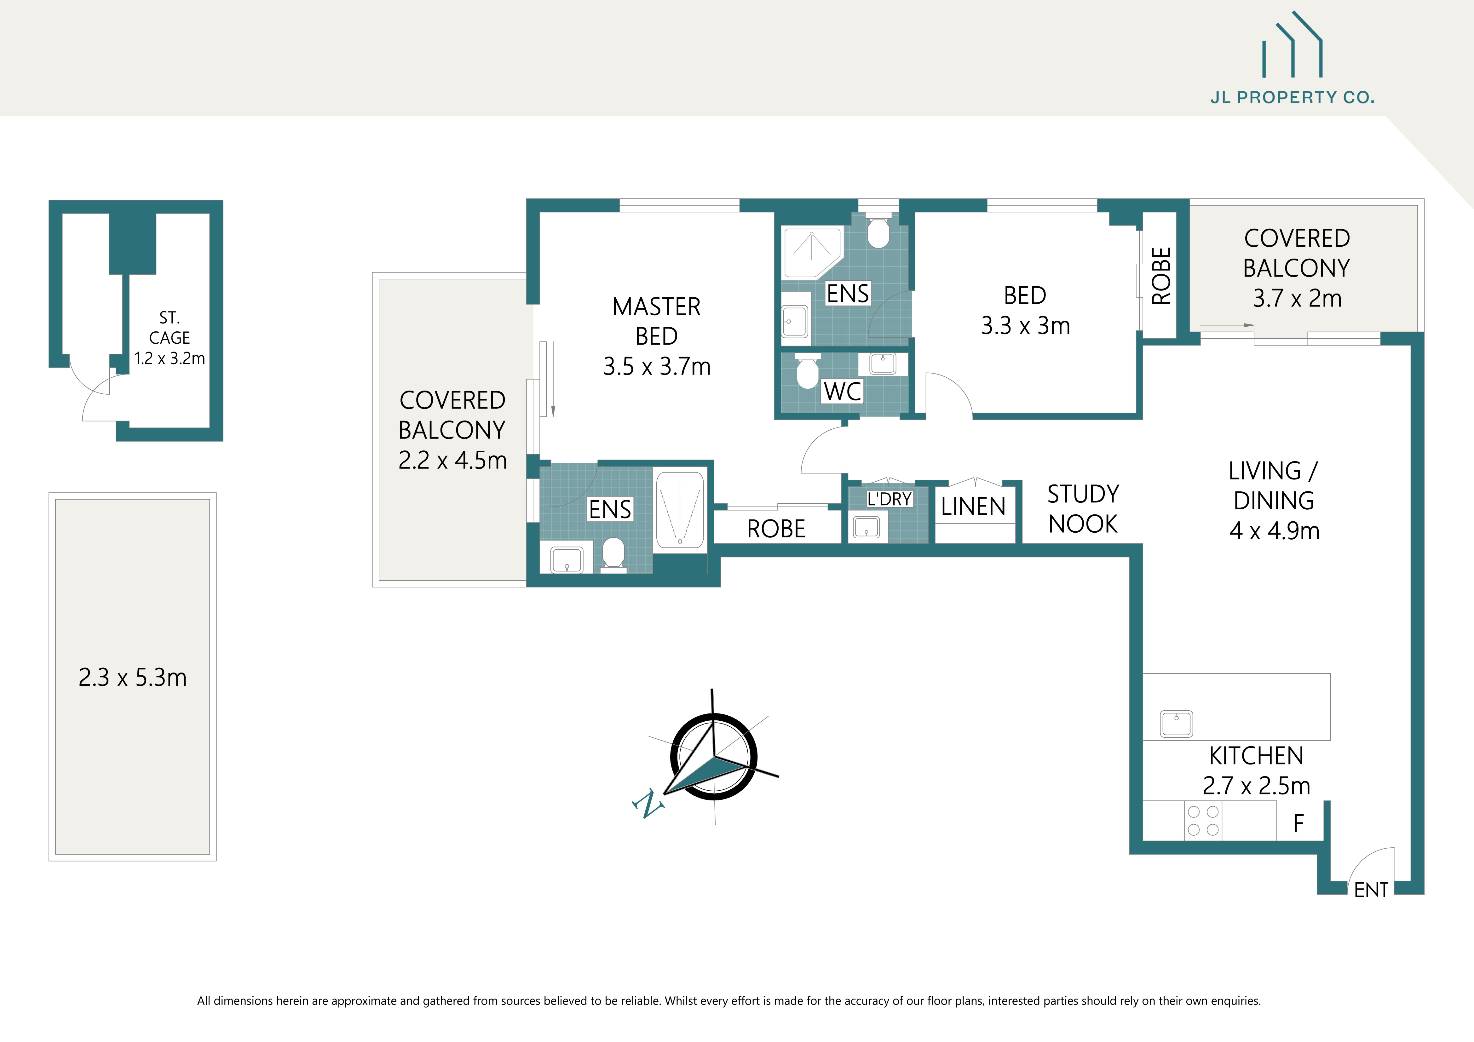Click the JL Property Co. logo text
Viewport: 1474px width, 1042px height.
pyautogui.click(x=1292, y=98)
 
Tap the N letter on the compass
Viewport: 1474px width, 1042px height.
pyautogui.click(x=648, y=804)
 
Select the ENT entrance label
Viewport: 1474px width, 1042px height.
pyautogui.click(x=1371, y=890)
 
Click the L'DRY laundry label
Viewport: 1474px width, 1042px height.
pyautogui.click(x=889, y=499)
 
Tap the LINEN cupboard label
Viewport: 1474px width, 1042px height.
pyautogui.click(x=973, y=507)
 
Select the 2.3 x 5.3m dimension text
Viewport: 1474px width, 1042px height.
pyautogui.click(x=132, y=678)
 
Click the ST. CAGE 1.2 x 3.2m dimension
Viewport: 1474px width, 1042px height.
pyautogui.click(x=170, y=358)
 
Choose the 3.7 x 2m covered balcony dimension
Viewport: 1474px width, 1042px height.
pyautogui.click(x=1297, y=298)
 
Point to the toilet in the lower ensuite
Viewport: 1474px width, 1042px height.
pyautogui.click(x=613, y=554)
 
